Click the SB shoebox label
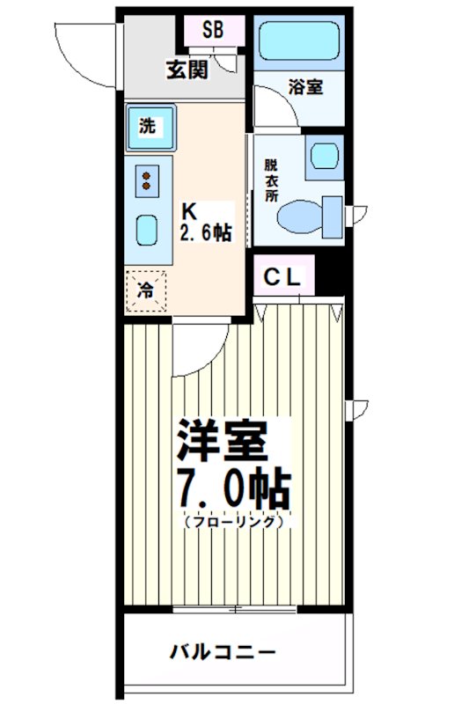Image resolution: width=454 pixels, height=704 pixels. click(x=212, y=28)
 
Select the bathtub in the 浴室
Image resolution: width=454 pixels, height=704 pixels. click(x=300, y=41)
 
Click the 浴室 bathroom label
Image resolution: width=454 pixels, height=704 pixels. click(x=305, y=88)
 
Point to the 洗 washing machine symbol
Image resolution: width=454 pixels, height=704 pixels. click(x=150, y=126)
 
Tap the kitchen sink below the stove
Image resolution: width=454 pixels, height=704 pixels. click(x=146, y=231)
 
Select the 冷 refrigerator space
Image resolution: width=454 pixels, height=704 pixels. click(x=145, y=289)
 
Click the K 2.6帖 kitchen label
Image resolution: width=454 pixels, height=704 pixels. click(x=205, y=222)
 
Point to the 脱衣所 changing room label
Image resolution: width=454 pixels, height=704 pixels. click(x=271, y=180)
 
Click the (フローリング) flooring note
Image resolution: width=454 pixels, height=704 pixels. click(x=233, y=521)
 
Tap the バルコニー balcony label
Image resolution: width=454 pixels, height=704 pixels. click(x=223, y=653)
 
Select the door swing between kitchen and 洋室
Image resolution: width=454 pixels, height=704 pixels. click(x=195, y=348)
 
